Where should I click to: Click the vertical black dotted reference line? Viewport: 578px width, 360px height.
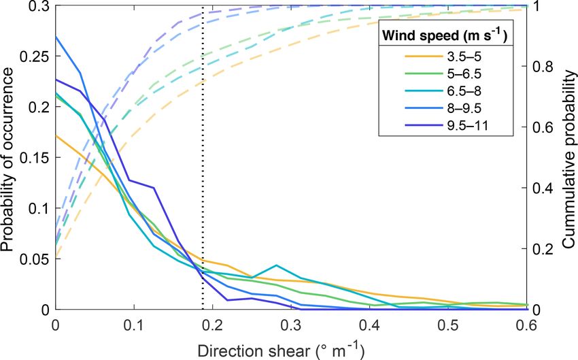(203, 204)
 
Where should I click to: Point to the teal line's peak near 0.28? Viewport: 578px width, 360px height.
(277, 265)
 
